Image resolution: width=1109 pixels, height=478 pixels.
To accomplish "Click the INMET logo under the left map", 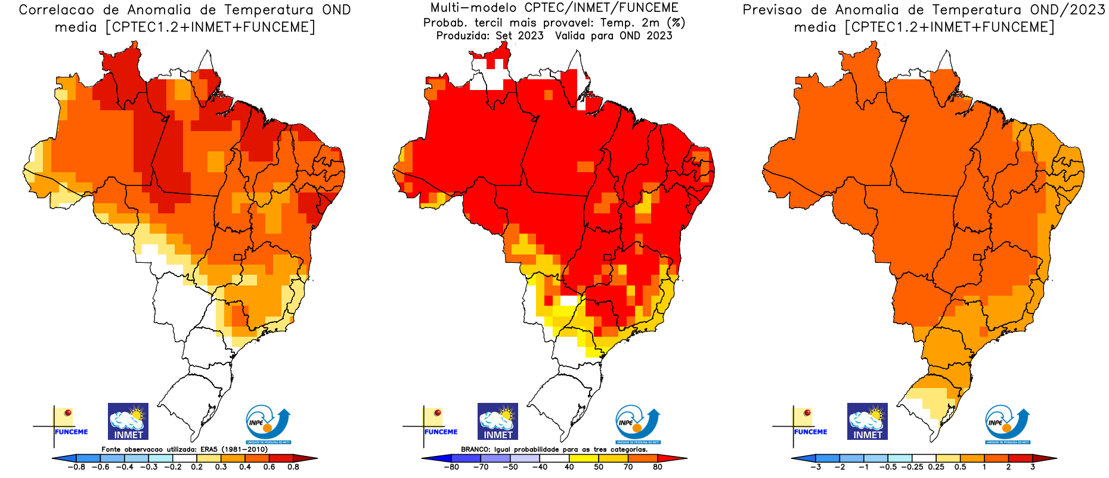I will point(128,421).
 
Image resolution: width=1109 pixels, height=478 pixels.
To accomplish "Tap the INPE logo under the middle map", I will point(637,424).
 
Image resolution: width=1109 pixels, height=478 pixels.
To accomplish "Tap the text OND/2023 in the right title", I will point(1067,10).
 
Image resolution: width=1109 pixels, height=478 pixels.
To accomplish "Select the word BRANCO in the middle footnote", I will point(475,449).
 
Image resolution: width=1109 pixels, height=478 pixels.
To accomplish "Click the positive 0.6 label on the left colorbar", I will point(269,467).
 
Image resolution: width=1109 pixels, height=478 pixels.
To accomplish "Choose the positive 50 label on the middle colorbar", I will point(599,467).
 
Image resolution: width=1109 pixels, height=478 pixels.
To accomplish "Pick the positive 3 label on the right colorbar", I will point(1033,467).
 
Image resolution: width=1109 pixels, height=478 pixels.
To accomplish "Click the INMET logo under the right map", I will point(868,421).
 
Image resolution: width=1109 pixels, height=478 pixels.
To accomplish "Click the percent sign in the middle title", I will point(676,23).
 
